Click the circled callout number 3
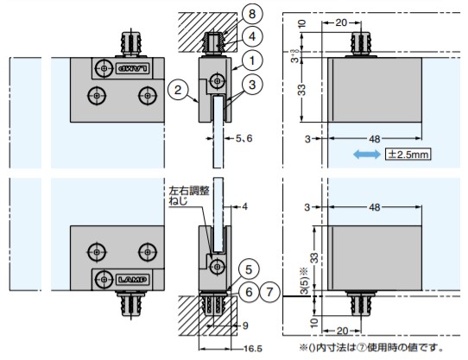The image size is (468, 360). pos(252,85)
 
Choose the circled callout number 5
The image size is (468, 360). pos(249,268)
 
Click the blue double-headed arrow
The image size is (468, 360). pos(367,155)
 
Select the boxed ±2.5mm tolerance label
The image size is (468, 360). pos(408,155)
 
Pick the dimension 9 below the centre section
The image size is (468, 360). pos(244,326)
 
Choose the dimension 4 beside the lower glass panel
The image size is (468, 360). pos(244,206)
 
